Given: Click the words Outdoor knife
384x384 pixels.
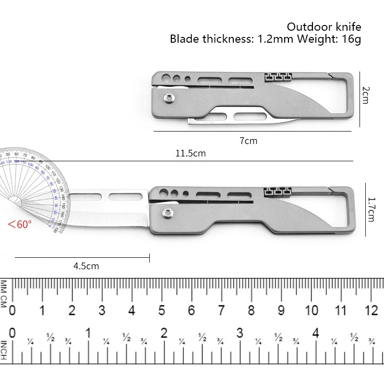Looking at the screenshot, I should click(324, 26).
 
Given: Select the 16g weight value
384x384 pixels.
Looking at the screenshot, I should click(351, 39).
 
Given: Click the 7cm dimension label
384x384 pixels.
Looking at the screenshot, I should click(248, 141).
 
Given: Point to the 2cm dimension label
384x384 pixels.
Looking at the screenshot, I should click(365, 95).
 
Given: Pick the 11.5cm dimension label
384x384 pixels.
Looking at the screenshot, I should click(191, 154).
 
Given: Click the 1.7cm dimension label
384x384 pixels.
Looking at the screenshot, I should click(371, 210).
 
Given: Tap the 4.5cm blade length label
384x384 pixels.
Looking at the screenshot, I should click(87, 266).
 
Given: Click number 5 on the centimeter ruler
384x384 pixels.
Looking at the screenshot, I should click(162, 310).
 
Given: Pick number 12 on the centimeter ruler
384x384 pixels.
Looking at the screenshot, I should click(371, 310).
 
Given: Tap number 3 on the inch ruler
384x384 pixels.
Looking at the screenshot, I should click(240, 333).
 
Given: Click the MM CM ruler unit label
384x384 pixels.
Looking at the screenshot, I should click(4, 293).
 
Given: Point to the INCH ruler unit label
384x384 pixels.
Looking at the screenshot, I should click(4, 350).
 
